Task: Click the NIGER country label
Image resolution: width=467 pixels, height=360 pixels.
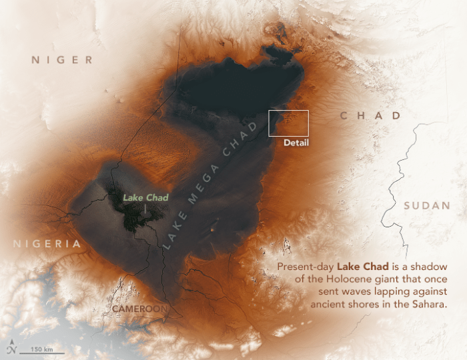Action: (x=62, y=61)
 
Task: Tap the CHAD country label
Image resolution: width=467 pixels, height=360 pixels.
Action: (x=370, y=116)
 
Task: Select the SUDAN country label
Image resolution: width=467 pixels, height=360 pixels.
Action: (x=427, y=206)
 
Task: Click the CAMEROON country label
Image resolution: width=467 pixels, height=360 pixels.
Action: (x=139, y=309)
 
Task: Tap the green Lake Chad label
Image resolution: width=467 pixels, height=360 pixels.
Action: (x=145, y=197)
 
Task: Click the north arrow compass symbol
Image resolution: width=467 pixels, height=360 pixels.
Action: (x=12, y=349)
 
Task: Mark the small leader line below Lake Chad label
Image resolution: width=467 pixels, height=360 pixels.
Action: (x=145, y=208)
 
